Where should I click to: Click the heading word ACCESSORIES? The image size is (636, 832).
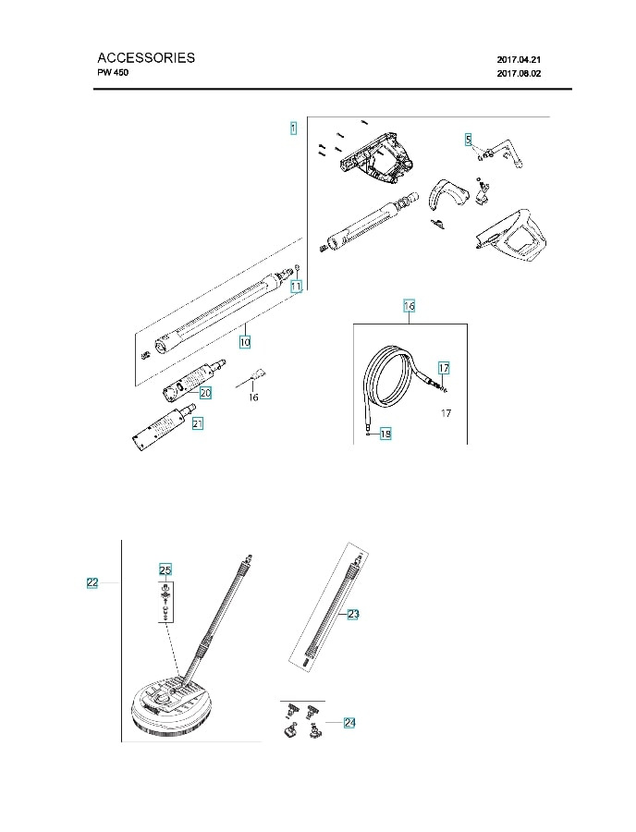point(146,57)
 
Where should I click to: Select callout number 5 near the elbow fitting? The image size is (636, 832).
point(469,140)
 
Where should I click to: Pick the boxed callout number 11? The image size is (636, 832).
point(296,288)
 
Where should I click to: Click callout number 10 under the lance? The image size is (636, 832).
point(245,341)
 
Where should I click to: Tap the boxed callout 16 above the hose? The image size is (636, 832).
point(410,305)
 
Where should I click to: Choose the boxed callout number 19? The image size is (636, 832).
point(385,433)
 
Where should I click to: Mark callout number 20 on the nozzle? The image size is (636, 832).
point(205,393)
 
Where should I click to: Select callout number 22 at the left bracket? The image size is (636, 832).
point(92,582)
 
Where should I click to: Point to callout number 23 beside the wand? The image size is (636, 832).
point(353,614)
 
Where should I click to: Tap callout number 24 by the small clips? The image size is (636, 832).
point(349,722)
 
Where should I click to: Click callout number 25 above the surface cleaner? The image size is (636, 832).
point(165,569)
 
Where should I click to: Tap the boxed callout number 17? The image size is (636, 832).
point(444,368)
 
